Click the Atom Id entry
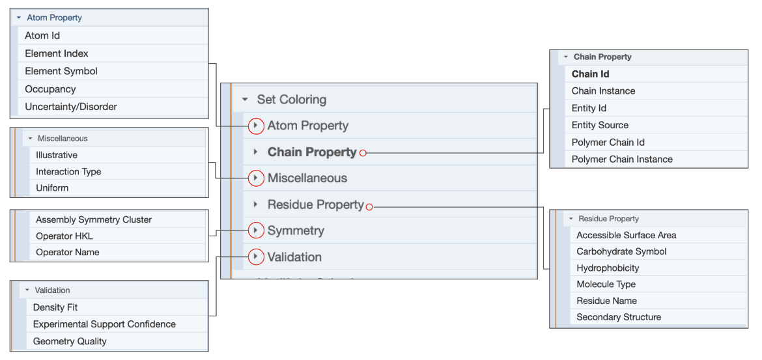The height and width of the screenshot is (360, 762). pyautogui.click(x=42, y=36)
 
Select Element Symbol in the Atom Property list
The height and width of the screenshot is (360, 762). pyautogui.click(x=61, y=71)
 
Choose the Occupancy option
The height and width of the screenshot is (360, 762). pyautogui.click(x=50, y=89)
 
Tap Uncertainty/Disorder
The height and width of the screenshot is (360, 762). pyautogui.click(x=71, y=107)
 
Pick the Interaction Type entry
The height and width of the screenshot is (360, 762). pyautogui.click(x=68, y=172)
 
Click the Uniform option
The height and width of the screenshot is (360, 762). pyautogui.click(x=52, y=188)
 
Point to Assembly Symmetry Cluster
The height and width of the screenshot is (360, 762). pyautogui.click(x=94, y=220)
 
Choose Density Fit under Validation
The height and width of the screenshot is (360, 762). pyautogui.click(x=55, y=307)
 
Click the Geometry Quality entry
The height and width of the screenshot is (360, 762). pyautogui.click(x=70, y=341)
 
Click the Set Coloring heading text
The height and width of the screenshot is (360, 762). pyautogui.click(x=291, y=100)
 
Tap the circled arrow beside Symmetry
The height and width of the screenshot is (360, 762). pyautogui.click(x=256, y=230)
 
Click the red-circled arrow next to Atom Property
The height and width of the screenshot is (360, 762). pyautogui.click(x=256, y=126)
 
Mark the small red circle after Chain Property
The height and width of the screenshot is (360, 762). pyautogui.click(x=363, y=153)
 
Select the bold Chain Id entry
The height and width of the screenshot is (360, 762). pyautogui.click(x=590, y=74)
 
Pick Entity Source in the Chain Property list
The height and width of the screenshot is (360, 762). pyautogui.click(x=600, y=125)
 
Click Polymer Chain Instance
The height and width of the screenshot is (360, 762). pyautogui.click(x=622, y=159)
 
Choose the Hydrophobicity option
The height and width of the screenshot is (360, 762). pyautogui.click(x=608, y=268)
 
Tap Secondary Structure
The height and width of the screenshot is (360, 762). pyautogui.click(x=618, y=317)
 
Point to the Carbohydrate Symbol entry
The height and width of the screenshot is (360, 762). pyautogui.click(x=621, y=251)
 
